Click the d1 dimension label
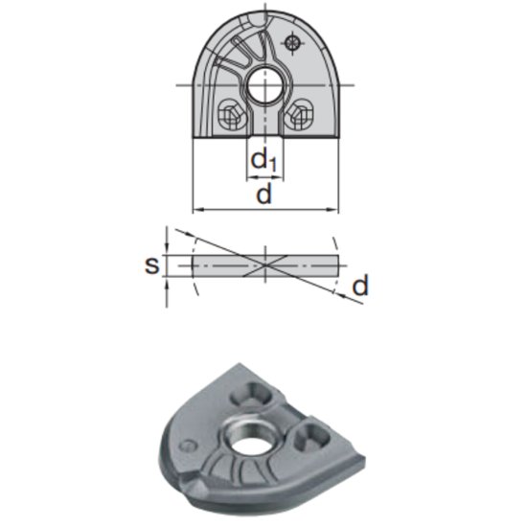263,161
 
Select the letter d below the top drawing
265,195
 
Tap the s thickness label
151,263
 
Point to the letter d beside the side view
359,285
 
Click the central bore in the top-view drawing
265,87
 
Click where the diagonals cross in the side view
265,263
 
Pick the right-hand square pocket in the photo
311,438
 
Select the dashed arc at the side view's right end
338,263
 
